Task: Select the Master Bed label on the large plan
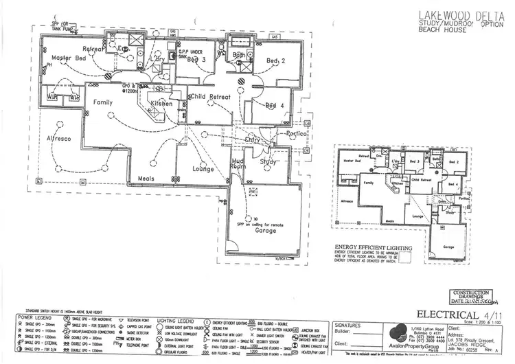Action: click(69, 59)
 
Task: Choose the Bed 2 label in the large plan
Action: click(275, 61)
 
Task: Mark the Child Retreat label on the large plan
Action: click(210, 97)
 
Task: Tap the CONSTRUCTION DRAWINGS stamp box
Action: click(474, 295)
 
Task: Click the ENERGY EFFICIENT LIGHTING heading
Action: click(373, 247)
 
